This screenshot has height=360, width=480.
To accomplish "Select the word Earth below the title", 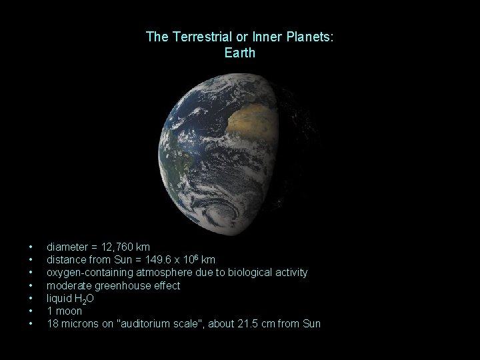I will point(240,53).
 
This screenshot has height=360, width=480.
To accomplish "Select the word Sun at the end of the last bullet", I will point(311,324).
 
